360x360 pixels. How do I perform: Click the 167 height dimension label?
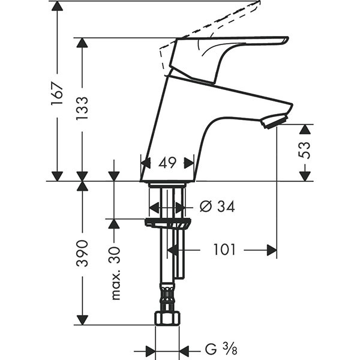pos(56,94)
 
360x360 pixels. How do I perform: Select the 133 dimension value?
pos(82,109)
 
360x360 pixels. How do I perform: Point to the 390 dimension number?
pos(82,253)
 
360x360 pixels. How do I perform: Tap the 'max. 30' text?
pos(114,273)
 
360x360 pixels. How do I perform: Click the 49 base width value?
pos(167,162)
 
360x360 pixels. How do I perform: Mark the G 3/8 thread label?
pos(215,350)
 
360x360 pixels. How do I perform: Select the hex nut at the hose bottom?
pos(167,318)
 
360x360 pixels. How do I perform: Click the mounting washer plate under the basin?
pos(168,223)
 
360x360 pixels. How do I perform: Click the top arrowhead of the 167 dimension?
pos(57,7)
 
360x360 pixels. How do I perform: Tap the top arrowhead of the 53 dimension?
pos(305,130)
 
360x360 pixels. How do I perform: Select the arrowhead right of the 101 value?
pos(271,249)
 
